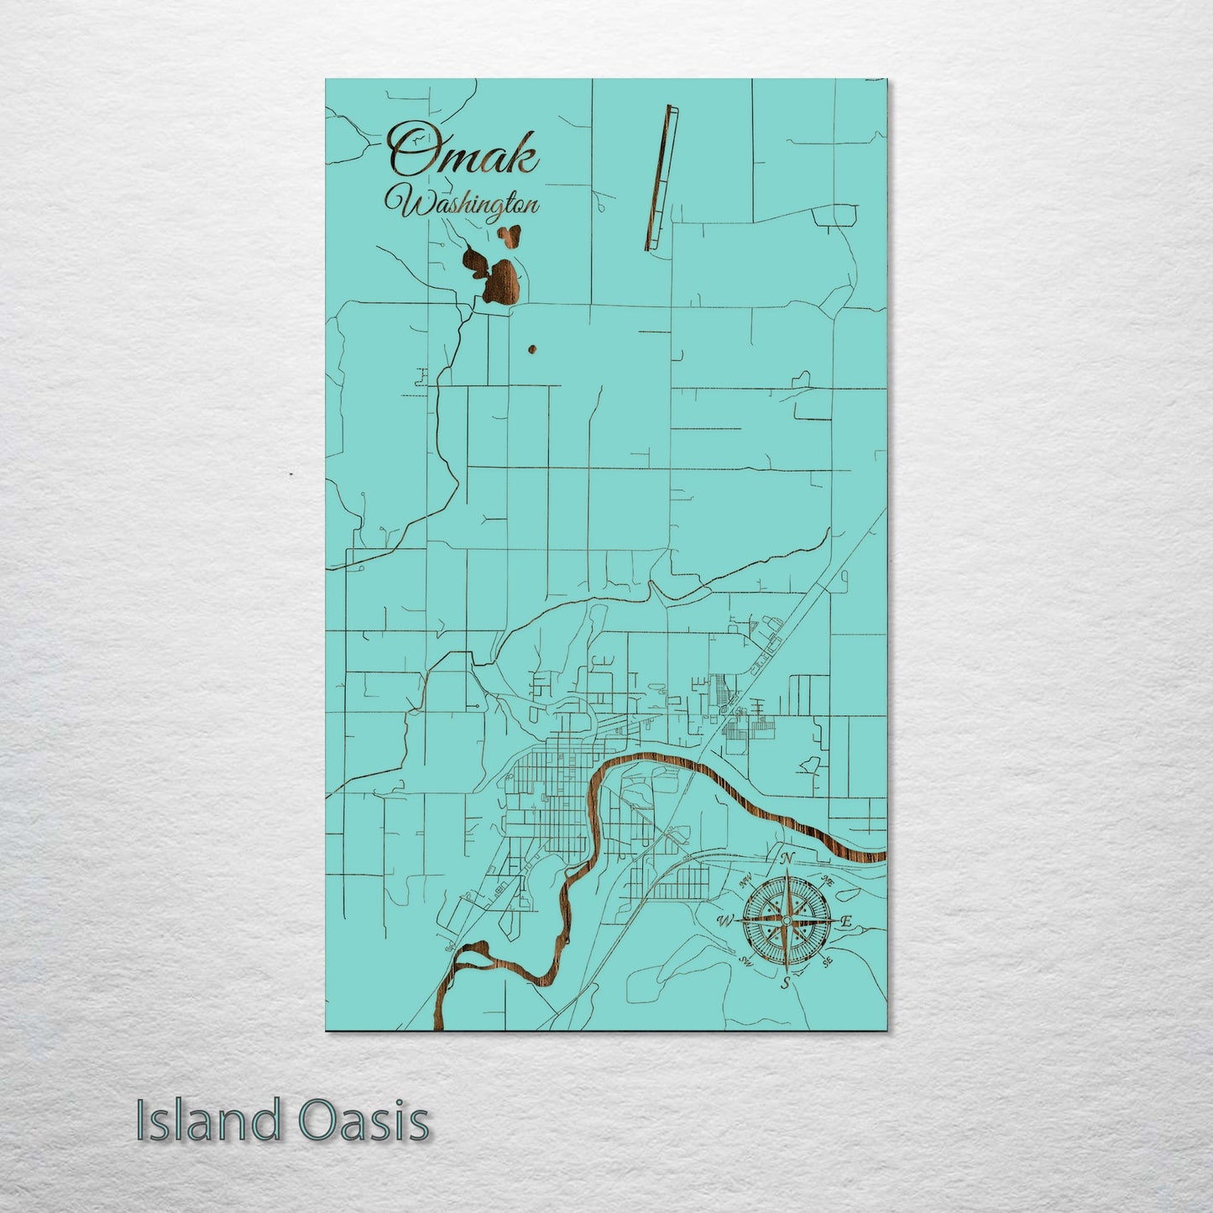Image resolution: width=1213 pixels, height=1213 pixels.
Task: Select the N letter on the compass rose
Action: point(787,858)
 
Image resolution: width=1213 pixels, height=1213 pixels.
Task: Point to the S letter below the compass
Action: point(785,983)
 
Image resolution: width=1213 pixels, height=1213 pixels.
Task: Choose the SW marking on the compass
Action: point(744,960)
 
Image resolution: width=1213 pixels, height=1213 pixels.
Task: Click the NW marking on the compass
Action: point(745,882)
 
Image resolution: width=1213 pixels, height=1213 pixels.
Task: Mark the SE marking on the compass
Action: point(827,961)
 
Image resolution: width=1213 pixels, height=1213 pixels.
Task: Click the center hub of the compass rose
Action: point(786,921)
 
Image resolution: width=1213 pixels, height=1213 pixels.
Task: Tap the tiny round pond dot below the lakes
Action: point(531,348)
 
